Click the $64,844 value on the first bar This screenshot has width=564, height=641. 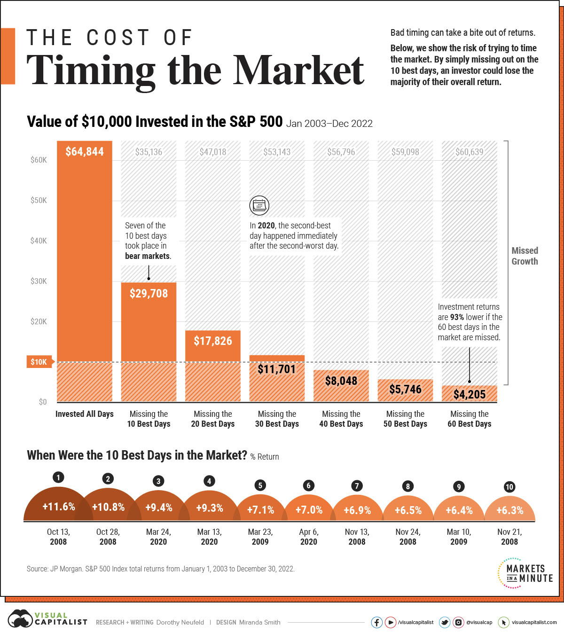pyautogui.click(x=85, y=152)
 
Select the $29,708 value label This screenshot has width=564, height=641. pyautogui.click(x=149, y=293)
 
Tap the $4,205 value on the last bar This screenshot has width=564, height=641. pyautogui.click(x=469, y=394)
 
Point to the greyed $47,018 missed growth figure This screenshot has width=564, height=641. pyautogui.click(x=213, y=152)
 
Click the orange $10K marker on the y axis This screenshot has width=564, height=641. pyautogui.click(x=39, y=362)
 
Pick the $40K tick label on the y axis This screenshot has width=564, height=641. pyautogui.click(x=39, y=241)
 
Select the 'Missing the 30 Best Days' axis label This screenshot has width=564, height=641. pyautogui.click(x=277, y=419)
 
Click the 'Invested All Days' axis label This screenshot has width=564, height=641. pyautogui.click(x=85, y=414)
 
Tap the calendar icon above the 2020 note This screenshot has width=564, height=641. pyautogui.click(x=259, y=205)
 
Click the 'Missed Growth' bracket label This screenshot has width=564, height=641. pyautogui.click(x=525, y=256)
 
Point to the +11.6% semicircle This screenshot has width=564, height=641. pyautogui.click(x=58, y=507)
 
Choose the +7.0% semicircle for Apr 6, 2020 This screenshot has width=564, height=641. pyautogui.click(x=309, y=510)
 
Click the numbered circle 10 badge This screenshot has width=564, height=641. pyautogui.click(x=509, y=487)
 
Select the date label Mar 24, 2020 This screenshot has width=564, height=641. pyautogui.click(x=158, y=537)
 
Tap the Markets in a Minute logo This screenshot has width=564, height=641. pyautogui.click(x=525, y=573)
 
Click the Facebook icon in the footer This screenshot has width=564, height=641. pyautogui.click(x=377, y=622)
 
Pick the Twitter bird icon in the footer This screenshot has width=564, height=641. pyautogui.click(x=444, y=622)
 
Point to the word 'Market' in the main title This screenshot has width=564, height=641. pyautogui.click(x=299, y=70)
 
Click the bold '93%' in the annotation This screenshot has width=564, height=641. pyautogui.click(x=457, y=317)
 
